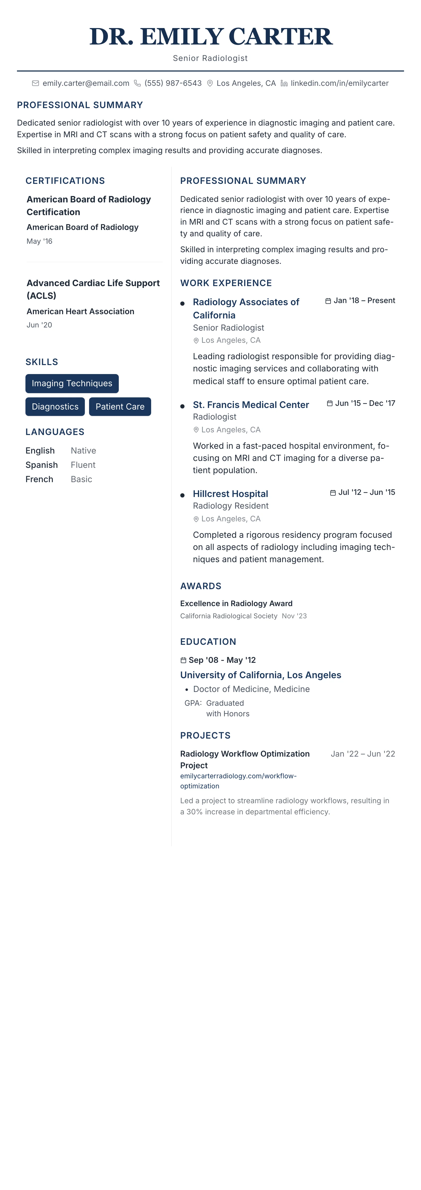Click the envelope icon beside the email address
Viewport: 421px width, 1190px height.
(x=35, y=83)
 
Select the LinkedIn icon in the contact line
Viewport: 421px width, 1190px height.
(x=284, y=83)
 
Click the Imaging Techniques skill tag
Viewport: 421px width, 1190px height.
(x=72, y=383)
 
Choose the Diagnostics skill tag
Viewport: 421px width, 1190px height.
(x=55, y=407)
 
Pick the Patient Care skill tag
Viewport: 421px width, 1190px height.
(x=120, y=407)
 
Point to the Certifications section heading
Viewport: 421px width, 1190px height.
(x=65, y=181)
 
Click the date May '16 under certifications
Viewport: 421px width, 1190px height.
(x=39, y=241)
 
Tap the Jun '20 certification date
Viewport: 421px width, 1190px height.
(x=39, y=325)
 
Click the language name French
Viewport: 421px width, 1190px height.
(x=39, y=479)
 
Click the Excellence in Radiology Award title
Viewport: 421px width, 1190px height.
(x=236, y=603)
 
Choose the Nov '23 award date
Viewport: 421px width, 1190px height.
(x=294, y=616)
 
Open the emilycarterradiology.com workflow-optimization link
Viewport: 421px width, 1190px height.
(x=238, y=781)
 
